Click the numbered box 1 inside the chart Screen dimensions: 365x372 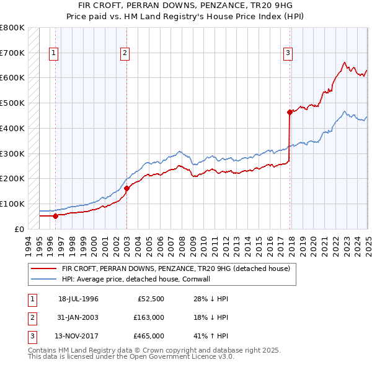[55, 54]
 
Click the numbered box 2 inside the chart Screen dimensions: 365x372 [125, 54]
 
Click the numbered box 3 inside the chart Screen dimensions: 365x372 [288, 54]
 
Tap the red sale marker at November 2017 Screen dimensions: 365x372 [290, 112]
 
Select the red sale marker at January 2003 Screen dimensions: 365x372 [126, 188]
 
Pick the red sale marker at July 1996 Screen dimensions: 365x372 [55, 216]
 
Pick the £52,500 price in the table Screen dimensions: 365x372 [151, 299]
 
